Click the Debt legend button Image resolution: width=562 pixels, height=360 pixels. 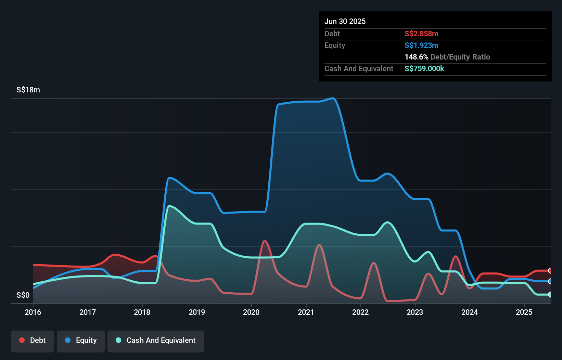pos(32,340)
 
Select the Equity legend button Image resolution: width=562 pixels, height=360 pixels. pos(81,340)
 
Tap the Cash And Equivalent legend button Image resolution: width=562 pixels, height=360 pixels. pos(156,340)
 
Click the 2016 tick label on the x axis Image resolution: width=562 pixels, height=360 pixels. pos(33,312)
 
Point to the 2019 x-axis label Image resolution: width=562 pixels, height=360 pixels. pos(197,312)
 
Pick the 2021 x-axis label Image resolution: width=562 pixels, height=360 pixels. pos(306,312)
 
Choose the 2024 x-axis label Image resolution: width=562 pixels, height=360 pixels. pos(470,312)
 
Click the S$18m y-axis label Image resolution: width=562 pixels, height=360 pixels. pos(28,90)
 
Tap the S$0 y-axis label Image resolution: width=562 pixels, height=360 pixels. pos(23,295)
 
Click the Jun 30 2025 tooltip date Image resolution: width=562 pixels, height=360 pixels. pos(345,22)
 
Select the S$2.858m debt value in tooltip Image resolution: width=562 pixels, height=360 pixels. pos(421,34)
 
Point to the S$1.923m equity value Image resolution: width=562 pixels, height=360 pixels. pos(421,46)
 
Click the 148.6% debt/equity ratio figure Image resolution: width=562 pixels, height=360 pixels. pos(416,57)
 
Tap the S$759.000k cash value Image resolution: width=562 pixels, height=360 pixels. pos(424,69)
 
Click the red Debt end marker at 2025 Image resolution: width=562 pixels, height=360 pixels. pos(550,271)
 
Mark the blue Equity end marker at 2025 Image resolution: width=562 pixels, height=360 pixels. pos(550,281)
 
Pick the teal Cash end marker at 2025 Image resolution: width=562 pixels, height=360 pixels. pos(550,294)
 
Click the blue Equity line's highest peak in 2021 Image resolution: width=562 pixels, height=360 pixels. pos(333,98)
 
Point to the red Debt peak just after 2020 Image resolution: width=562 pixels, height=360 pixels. pos(265,241)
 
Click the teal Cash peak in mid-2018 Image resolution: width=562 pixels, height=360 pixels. pos(169,206)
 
